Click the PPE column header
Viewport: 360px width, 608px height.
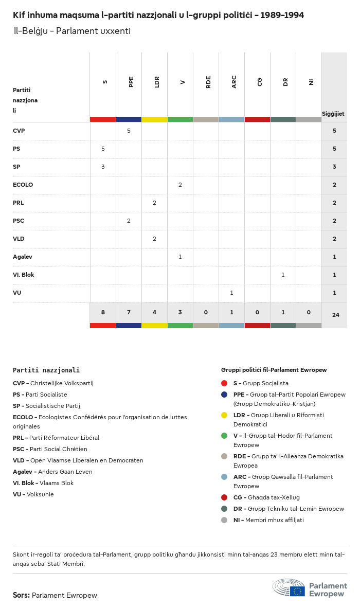(x=131, y=82)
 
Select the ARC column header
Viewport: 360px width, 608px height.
(x=234, y=82)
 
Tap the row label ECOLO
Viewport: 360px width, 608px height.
(x=23, y=185)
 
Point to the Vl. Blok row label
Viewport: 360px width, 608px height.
(x=23, y=275)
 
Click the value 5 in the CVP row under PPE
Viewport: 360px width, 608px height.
(x=129, y=131)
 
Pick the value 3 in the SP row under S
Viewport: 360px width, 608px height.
(x=103, y=167)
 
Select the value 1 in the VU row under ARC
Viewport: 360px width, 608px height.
(x=231, y=293)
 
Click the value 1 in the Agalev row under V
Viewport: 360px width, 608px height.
(x=180, y=257)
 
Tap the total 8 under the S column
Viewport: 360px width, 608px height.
(x=103, y=312)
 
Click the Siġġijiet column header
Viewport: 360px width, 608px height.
(x=333, y=114)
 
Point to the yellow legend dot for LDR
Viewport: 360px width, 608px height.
(x=224, y=415)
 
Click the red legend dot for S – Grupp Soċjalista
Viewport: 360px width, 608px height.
(x=224, y=383)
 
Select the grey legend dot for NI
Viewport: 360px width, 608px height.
(x=224, y=520)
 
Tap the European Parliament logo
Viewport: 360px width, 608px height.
(x=310, y=588)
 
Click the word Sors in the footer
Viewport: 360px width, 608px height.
(x=21, y=595)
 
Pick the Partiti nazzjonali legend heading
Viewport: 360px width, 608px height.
(x=46, y=370)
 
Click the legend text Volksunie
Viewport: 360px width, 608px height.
(x=40, y=494)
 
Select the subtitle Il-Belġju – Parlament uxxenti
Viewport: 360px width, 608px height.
(x=72, y=31)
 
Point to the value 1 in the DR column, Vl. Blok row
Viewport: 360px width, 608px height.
(x=283, y=275)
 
